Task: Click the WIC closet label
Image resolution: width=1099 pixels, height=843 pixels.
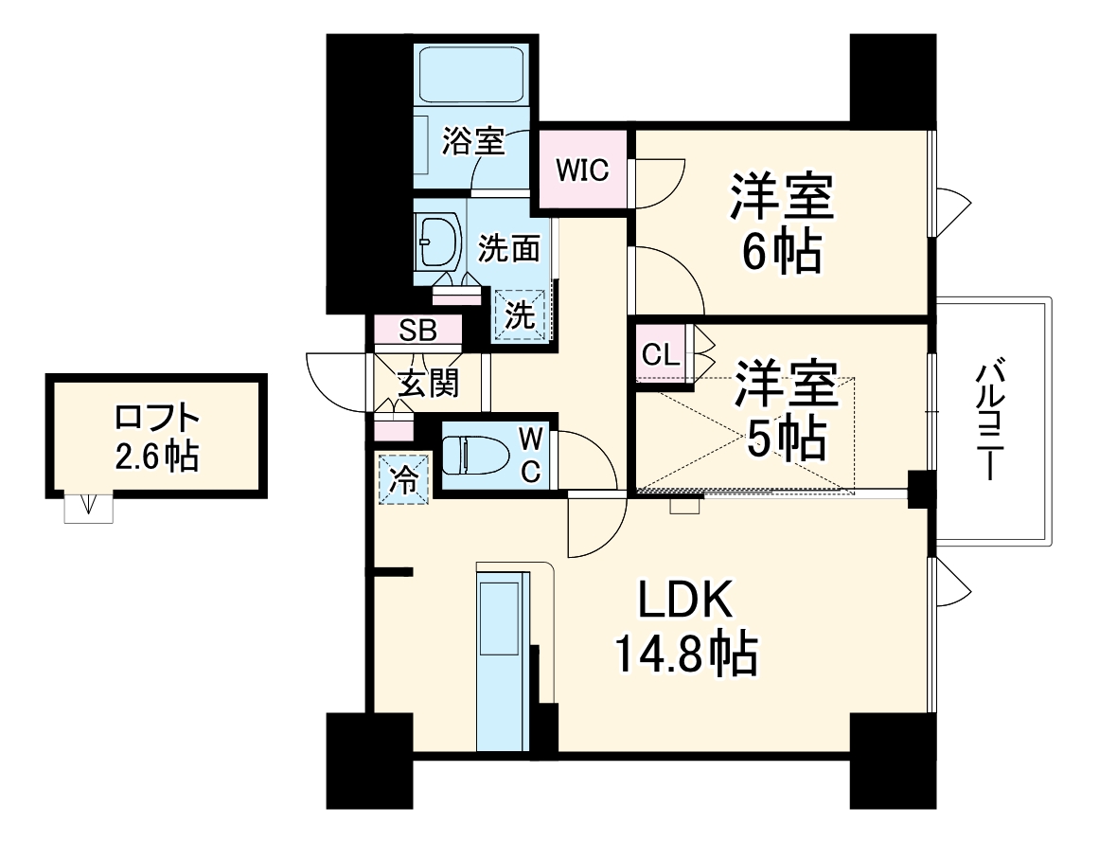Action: (x=582, y=170)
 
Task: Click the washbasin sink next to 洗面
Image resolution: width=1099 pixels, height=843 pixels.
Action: (x=437, y=241)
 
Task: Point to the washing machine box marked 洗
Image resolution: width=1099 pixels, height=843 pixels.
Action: (x=519, y=314)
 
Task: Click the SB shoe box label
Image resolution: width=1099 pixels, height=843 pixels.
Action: (x=417, y=331)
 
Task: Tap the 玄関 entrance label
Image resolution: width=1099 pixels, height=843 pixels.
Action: (x=428, y=384)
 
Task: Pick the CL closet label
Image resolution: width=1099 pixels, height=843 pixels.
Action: (x=660, y=355)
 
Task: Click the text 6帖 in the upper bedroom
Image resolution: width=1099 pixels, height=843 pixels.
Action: (x=781, y=252)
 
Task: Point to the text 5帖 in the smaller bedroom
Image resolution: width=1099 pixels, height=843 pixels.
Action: (x=788, y=437)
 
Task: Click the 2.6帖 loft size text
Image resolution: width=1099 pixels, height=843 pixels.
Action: (x=157, y=457)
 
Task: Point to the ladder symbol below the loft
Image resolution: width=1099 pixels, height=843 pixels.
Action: (x=89, y=509)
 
